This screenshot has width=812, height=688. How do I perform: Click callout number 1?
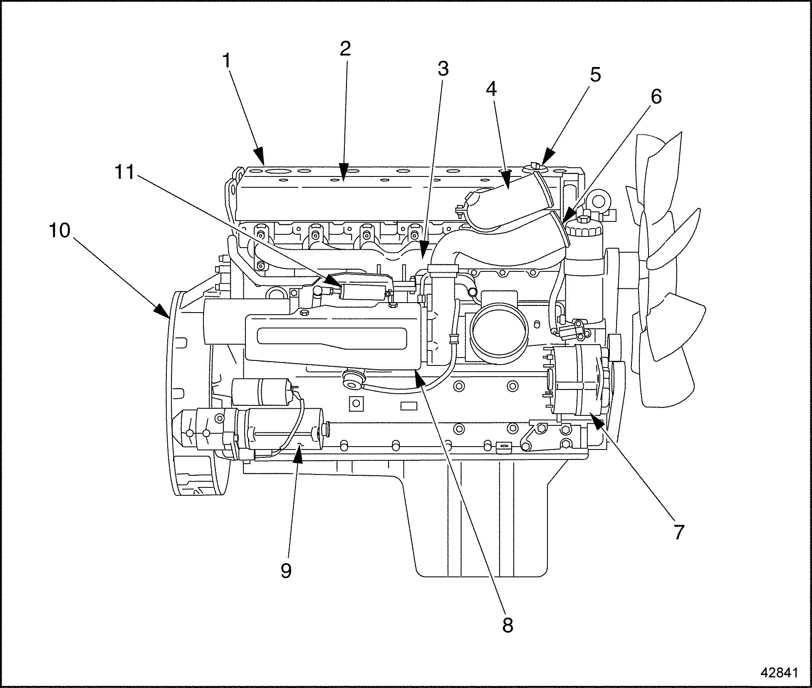tap(227, 61)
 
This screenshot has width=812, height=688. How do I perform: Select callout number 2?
tap(345, 49)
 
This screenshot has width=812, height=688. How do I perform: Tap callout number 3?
tap(443, 69)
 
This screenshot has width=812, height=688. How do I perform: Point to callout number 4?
tap(491, 89)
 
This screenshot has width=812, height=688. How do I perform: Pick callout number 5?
tap(595, 75)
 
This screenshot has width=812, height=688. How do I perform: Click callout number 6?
tap(655, 97)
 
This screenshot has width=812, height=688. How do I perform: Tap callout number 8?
tap(507, 625)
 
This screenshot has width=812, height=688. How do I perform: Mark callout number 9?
tap(286, 571)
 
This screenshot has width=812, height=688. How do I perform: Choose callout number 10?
tap(59, 231)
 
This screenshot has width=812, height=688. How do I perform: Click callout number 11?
tap(124, 172)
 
